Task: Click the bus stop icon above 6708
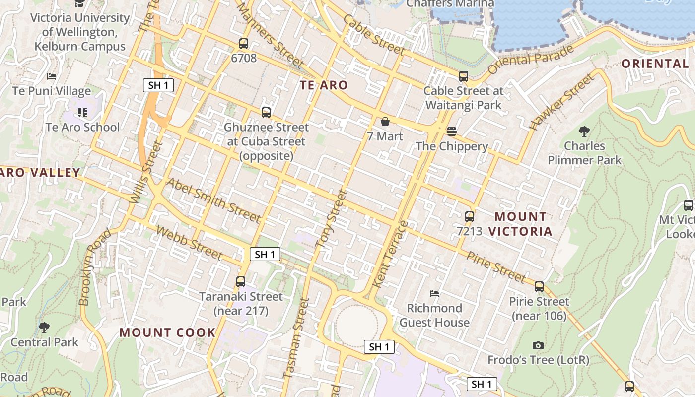243,44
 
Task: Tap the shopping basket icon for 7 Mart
385,122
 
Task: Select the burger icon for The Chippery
451,132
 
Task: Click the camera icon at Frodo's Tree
538,345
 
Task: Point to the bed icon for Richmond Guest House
434,293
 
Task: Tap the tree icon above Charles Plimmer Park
584,132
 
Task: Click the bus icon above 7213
469,216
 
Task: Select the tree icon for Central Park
44,328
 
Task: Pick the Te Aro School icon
82,113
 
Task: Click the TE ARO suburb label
324,85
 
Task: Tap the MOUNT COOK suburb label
167,332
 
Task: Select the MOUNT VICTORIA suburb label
520,224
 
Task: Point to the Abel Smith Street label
213,200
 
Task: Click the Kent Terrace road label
390,254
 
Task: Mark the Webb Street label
189,243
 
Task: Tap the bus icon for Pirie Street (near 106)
539,287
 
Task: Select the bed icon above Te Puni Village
52,76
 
